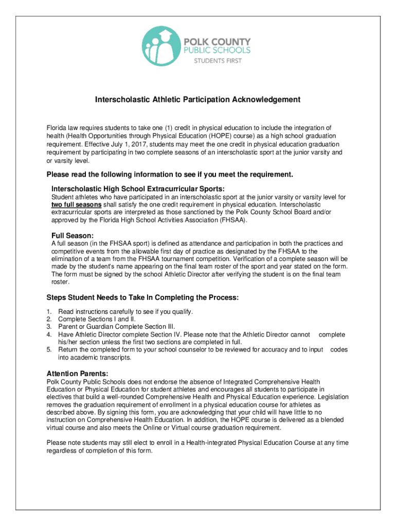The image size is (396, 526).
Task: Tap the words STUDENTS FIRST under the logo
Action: coord(217,61)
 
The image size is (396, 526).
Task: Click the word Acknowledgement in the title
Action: coord(265,99)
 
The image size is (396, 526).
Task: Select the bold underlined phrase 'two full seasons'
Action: coord(76,204)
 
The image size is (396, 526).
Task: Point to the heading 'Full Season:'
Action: coord(72,236)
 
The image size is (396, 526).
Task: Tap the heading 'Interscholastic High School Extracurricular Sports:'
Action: coord(138,189)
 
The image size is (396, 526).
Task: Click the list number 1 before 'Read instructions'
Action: coord(49,312)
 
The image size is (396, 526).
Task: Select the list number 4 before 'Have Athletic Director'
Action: coord(49,334)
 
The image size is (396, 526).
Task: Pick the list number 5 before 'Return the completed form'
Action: coord(49,350)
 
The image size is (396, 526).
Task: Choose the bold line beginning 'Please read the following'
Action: coord(170,175)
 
